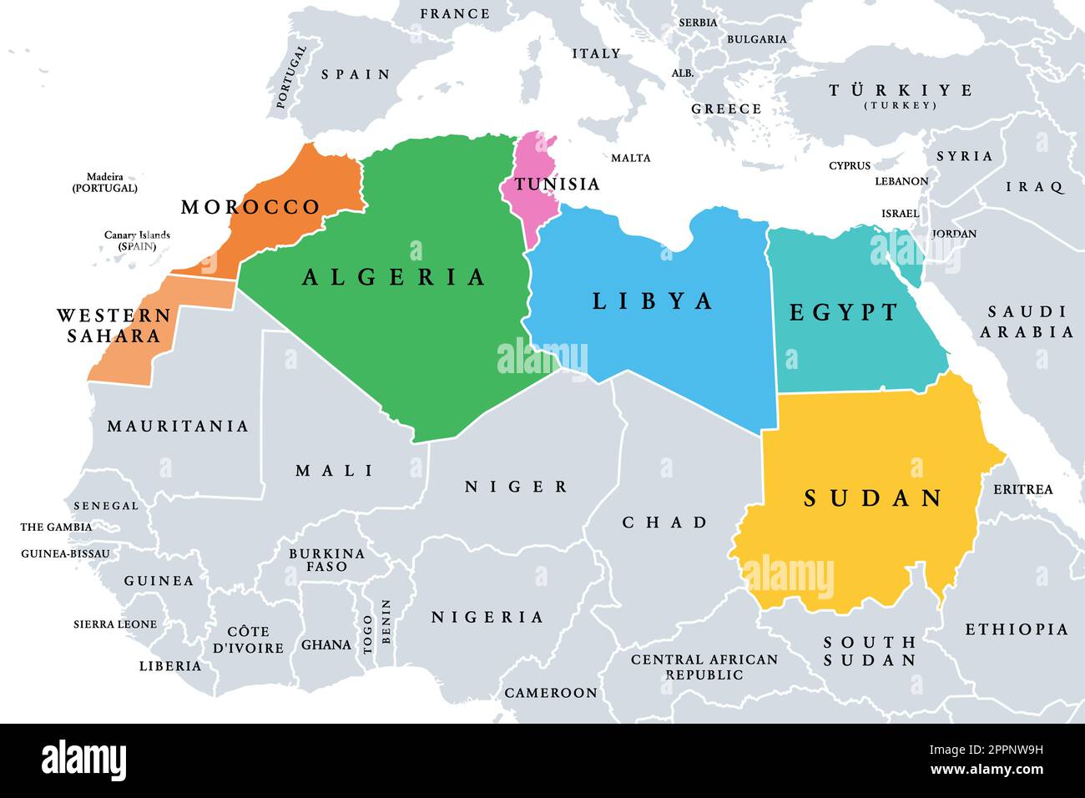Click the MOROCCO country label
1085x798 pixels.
(250, 207)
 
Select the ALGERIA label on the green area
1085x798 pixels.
(394, 277)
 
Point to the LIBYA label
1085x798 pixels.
(653, 301)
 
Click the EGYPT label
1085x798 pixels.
(844, 312)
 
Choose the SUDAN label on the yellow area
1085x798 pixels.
(873, 498)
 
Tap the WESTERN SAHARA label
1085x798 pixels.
(114, 326)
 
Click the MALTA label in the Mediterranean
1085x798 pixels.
(630, 158)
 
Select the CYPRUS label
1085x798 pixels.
(849, 166)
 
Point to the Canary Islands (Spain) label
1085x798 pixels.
(137, 240)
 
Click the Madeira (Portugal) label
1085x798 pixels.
(105, 182)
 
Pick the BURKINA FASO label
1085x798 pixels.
(326, 559)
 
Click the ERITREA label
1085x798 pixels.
(1022, 489)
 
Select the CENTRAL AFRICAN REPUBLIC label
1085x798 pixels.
(704, 666)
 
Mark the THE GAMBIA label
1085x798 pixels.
(56, 527)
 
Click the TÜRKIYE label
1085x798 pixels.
(900, 91)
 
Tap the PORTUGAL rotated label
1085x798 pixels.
(291, 77)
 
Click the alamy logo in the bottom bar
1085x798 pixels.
(83, 760)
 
